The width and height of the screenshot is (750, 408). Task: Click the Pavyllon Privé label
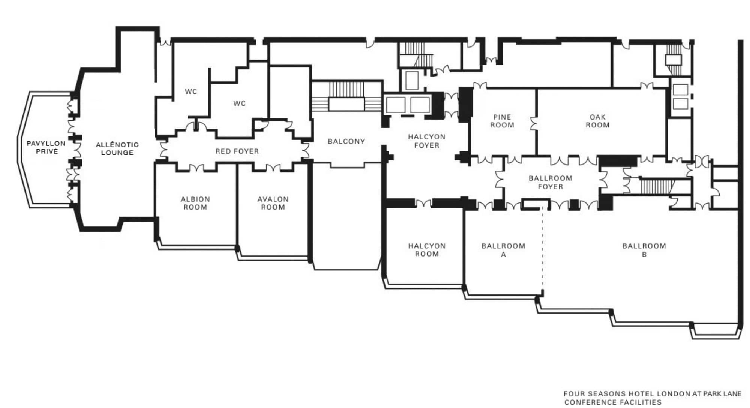pos(46,147)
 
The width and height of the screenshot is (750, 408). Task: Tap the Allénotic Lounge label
pos(117,148)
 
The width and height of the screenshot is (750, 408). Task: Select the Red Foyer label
pos(237,151)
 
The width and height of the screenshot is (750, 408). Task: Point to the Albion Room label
pos(195,203)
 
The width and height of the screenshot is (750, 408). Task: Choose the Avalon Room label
pos(273,203)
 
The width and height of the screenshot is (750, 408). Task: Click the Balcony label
pos(346,141)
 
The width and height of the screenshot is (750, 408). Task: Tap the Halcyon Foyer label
pos(427,141)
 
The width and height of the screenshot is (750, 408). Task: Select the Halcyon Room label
pos(427,250)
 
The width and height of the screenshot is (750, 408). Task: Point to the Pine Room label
pos(502,121)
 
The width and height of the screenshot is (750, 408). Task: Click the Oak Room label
pos(597,121)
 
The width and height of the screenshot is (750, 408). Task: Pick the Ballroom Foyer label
pos(550,182)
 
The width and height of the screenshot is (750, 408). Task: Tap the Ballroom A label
pos(503,250)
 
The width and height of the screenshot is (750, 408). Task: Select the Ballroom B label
pos(644,250)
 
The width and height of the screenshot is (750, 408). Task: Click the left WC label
pos(191,91)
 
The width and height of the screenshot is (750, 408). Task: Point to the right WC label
pos(239,103)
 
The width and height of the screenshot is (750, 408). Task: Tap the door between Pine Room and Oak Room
pos(534,124)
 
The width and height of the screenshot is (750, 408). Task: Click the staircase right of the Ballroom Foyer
pos(657,186)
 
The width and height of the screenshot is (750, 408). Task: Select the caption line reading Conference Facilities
pos(613,402)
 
